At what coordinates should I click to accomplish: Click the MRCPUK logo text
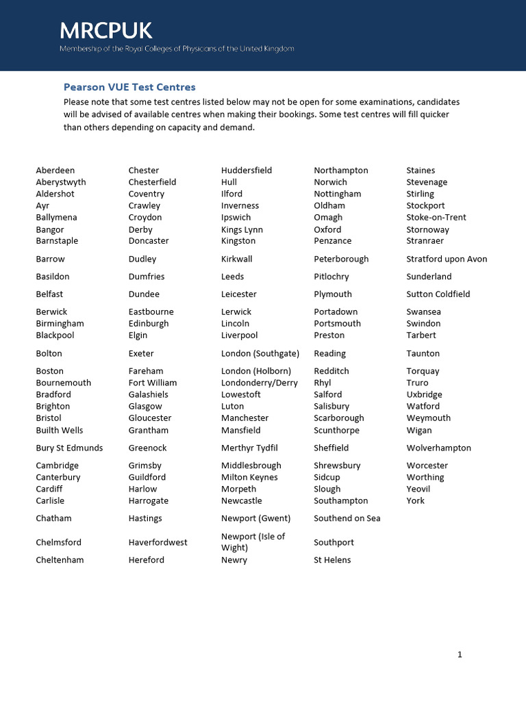(x=105, y=30)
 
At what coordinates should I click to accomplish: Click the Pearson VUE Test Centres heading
(x=129, y=87)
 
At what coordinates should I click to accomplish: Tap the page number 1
(x=460, y=654)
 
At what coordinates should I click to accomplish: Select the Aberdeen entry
(x=55, y=170)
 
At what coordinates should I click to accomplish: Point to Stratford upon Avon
(x=447, y=259)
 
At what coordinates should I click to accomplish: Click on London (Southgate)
(x=260, y=354)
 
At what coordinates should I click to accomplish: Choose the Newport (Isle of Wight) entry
(x=253, y=541)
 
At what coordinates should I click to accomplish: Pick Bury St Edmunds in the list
(x=69, y=448)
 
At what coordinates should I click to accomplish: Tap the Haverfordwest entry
(x=158, y=542)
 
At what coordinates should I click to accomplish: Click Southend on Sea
(x=347, y=518)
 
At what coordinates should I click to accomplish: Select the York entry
(x=415, y=500)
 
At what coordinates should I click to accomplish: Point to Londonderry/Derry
(x=260, y=383)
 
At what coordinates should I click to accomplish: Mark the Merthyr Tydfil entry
(x=249, y=448)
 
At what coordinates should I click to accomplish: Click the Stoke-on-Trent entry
(x=436, y=217)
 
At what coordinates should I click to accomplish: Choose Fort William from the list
(x=153, y=383)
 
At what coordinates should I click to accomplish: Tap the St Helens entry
(x=332, y=560)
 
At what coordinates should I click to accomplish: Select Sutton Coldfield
(x=438, y=294)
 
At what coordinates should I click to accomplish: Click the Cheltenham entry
(x=60, y=560)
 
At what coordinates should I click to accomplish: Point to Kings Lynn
(x=242, y=229)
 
